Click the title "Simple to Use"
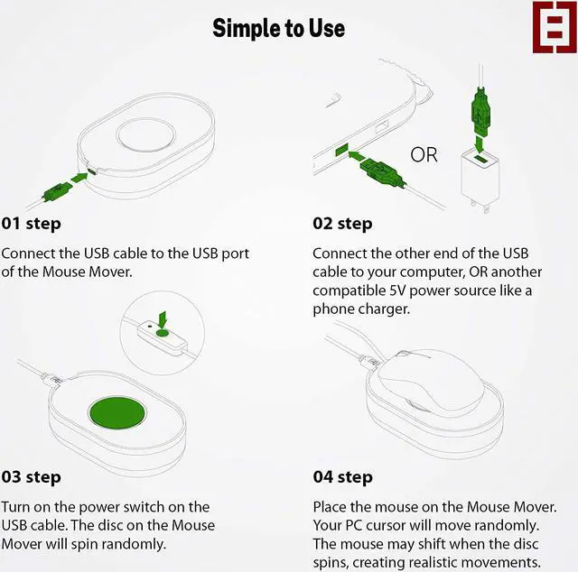pos(279,28)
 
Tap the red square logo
pos(555,27)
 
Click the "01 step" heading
pos(31,224)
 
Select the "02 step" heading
pos(342,224)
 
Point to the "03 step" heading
pos(31,477)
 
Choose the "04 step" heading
pos(343,477)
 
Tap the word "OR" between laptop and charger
pos(424,154)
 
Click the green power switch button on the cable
pos(163,333)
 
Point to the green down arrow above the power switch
pos(163,319)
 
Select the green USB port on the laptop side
pos(341,151)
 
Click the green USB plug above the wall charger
pos(480,113)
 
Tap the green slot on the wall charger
pos(480,159)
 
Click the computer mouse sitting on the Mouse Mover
pos(431,379)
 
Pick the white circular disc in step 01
pos(145,134)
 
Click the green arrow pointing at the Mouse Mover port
pos(79,178)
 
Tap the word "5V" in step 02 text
pos(397,291)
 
